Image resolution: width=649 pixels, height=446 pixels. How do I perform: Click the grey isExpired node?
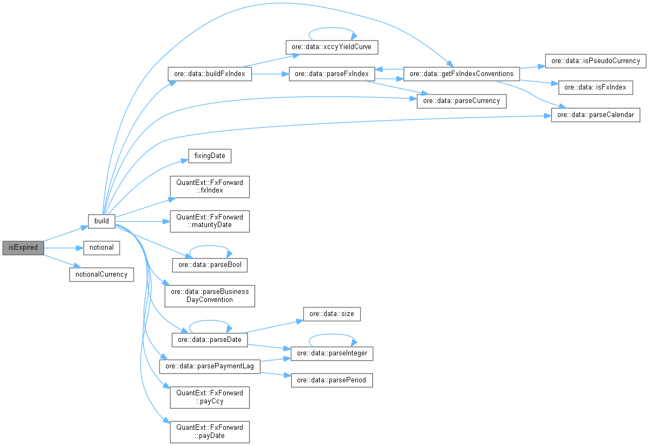pos(23,248)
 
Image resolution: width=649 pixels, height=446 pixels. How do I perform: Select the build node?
pos(101,221)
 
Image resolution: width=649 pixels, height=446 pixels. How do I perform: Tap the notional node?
pos(101,248)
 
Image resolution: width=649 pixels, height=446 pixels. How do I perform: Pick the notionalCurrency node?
pos(101,274)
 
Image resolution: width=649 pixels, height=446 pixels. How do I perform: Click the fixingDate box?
pos(210,156)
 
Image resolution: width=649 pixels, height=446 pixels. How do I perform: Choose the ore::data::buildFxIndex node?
pos(210,74)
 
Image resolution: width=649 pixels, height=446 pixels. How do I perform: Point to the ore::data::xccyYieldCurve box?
pos(332,47)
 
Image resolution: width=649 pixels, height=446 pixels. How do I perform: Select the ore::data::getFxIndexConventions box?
pos(462,74)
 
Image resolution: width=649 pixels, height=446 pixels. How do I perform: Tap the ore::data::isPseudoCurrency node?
pos(595,60)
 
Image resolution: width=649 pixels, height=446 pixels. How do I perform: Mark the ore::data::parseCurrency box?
pos(461,101)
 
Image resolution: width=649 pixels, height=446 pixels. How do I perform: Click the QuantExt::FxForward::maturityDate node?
pos(210,221)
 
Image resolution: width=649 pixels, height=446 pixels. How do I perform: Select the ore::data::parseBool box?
pos(210,265)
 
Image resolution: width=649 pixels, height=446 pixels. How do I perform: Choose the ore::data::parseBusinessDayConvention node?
pos(210,296)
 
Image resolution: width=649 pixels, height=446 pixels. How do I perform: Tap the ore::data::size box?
pos(332,313)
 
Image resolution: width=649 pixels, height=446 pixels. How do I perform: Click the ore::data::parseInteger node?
pos(332,353)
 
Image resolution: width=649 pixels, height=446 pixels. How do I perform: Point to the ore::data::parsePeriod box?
pos(332,380)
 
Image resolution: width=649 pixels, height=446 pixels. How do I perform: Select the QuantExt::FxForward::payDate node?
pos(210,431)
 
